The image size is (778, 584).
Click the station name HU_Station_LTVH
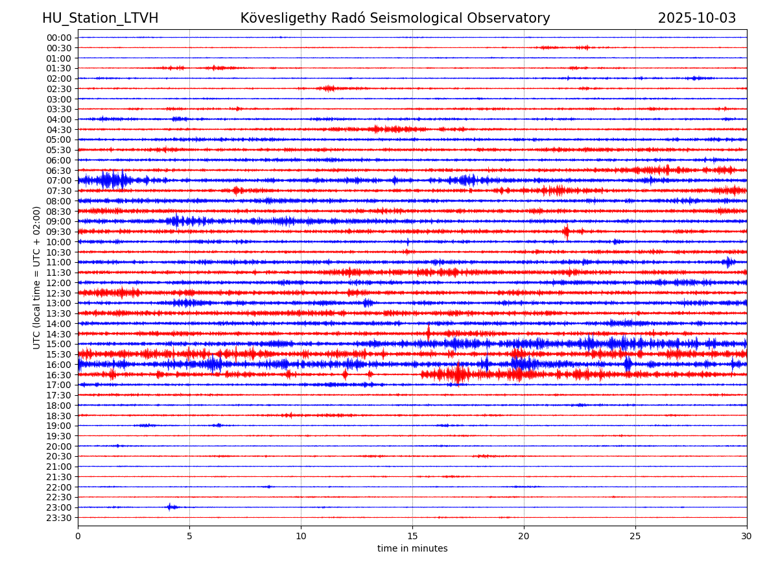(x=100, y=18)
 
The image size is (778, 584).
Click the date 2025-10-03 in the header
(x=697, y=18)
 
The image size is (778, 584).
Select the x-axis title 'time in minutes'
(x=412, y=548)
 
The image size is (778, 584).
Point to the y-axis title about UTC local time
(x=37, y=277)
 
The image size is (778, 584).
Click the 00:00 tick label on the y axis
(x=59, y=38)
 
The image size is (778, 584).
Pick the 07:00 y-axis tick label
(x=59, y=180)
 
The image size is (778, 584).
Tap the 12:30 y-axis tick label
(x=59, y=293)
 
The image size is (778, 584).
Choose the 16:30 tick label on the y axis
(x=59, y=374)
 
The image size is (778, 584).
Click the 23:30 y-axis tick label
(x=59, y=517)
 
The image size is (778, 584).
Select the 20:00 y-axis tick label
(x=59, y=446)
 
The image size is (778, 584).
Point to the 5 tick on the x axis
(x=189, y=535)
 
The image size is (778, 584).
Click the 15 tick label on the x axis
(x=412, y=535)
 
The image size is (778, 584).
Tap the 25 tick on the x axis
(x=635, y=535)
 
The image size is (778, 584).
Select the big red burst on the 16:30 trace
(x=459, y=374)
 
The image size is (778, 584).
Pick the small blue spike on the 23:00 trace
(x=170, y=507)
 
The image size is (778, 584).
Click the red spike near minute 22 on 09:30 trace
(x=567, y=232)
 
